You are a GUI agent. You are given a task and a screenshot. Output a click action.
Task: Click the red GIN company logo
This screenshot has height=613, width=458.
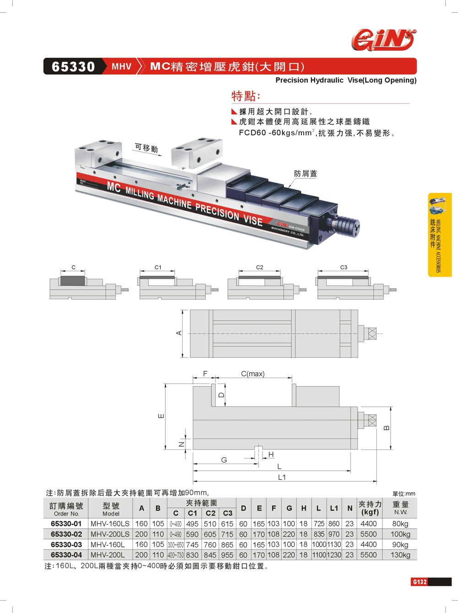pyautogui.click(x=384, y=39)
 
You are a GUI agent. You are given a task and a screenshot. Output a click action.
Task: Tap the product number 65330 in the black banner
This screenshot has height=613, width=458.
pyautogui.click(x=73, y=67)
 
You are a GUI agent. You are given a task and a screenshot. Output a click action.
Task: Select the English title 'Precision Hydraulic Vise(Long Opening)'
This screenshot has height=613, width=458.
pyautogui.click(x=346, y=80)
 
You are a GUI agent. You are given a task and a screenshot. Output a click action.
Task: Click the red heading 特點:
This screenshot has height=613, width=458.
pyautogui.click(x=245, y=96)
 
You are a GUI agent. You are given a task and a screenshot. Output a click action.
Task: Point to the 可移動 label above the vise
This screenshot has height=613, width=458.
pyautogui.click(x=147, y=148)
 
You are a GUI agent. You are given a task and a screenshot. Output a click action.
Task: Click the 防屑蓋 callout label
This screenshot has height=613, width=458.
pyautogui.click(x=305, y=174)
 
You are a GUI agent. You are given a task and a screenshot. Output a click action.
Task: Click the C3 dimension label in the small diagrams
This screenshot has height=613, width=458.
pyautogui.click(x=343, y=267)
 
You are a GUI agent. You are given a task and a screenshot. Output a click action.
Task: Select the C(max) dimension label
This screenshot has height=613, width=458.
pyautogui.click(x=253, y=374)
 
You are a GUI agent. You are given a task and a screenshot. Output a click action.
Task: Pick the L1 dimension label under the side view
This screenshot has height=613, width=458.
pyautogui.click(x=282, y=477)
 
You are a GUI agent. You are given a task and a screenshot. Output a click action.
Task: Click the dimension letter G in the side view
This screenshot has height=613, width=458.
pyautogui.click(x=224, y=460)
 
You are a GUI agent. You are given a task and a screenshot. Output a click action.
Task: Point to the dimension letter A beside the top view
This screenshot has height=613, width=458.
pyautogui.click(x=179, y=333)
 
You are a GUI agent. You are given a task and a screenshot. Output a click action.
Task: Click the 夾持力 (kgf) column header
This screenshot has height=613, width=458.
pyautogui.click(x=370, y=508)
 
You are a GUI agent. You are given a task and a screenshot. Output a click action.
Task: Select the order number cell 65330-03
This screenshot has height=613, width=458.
pyautogui.click(x=66, y=545)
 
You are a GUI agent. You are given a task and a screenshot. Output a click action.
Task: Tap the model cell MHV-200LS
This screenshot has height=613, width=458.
pyautogui.click(x=110, y=534)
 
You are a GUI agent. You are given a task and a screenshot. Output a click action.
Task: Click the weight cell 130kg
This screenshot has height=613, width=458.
pyautogui.click(x=400, y=555)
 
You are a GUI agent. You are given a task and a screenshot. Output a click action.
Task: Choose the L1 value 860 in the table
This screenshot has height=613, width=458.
pyautogui.click(x=334, y=524)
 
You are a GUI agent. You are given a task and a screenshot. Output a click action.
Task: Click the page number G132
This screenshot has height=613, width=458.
pyautogui.click(x=419, y=581)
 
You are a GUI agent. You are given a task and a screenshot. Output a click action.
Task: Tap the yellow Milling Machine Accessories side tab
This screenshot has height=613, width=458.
pyautogui.click(x=440, y=235)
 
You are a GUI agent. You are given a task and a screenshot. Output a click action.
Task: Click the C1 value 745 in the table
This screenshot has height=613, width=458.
pyautogui.click(x=192, y=545)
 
